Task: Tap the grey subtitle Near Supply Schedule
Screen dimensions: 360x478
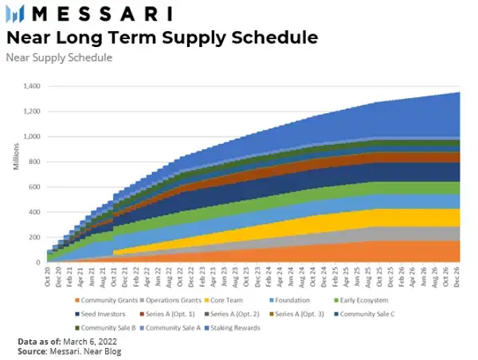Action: coord(59,57)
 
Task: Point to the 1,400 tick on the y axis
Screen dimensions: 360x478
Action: coord(33,86)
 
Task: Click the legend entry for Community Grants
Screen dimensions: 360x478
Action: coord(102,299)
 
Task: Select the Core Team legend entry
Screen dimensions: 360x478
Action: coord(229,299)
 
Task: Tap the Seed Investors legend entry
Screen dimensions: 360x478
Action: coord(100,313)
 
